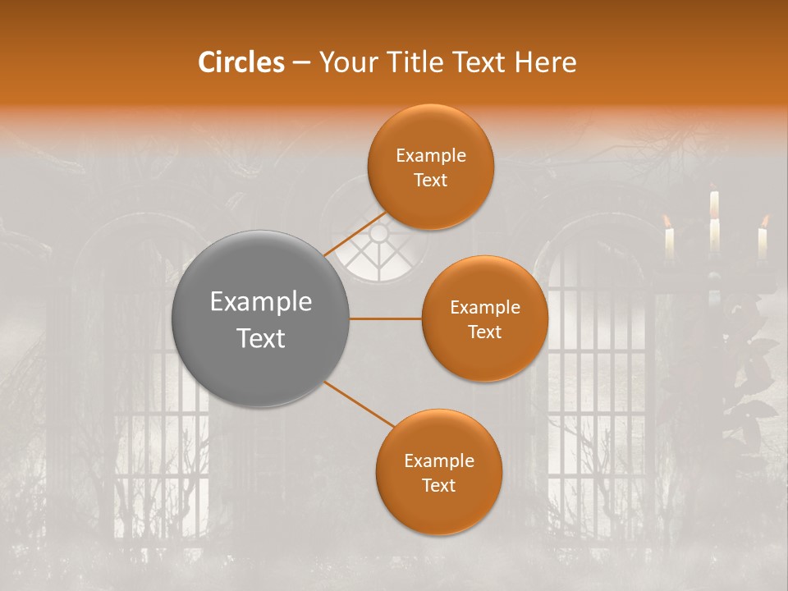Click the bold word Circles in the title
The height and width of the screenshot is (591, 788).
pyautogui.click(x=241, y=62)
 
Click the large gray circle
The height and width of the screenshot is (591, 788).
pyautogui.click(x=261, y=319)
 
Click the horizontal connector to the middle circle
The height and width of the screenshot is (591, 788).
pyautogui.click(x=386, y=318)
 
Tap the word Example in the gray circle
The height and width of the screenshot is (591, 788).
pyautogui.click(x=261, y=302)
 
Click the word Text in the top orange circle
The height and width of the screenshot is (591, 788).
pyautogui.click(x=430, y=181)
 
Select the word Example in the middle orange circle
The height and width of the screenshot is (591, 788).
pyautogui.click(x=485, y=308)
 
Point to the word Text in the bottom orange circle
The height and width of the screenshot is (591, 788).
pyautogui.click(x=438, y=486)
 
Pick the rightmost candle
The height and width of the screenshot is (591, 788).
pyautogui.click(x=763, y=244)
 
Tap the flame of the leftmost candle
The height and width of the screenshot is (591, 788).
pyautogui.click(x=667, y=221)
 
